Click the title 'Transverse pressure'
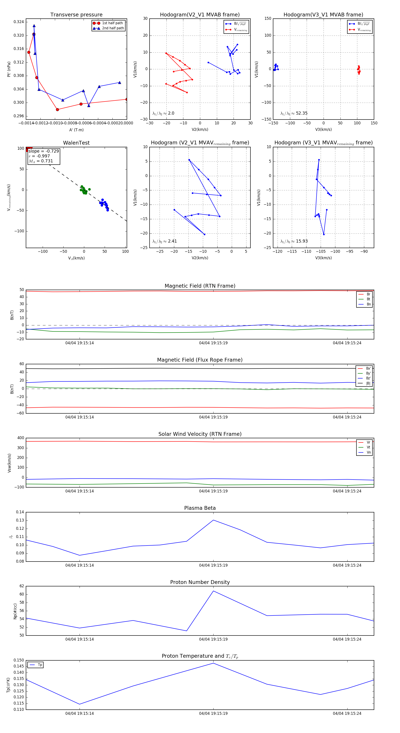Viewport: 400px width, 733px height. coord(76,15)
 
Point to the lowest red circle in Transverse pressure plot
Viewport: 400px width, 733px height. coord(58,110)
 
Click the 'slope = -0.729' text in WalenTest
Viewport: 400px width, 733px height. coord(44,151)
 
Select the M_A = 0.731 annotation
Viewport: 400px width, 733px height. coord(41,161)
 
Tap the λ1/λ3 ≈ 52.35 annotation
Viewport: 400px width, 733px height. coord(294,113)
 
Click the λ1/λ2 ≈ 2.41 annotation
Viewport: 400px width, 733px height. coord(164,241)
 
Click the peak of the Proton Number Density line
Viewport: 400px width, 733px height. coord(213,591)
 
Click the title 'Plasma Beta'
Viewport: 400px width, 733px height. coord(200,508)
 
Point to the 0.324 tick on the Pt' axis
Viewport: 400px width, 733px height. coord(19,22)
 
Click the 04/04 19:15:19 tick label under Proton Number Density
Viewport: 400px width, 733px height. coord(213,639)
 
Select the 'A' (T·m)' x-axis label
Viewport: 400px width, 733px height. coord(76,130)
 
